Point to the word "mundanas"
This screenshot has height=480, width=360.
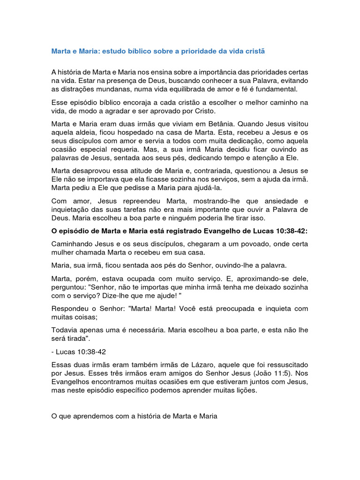pyautogui.click(x=117, y=89)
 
